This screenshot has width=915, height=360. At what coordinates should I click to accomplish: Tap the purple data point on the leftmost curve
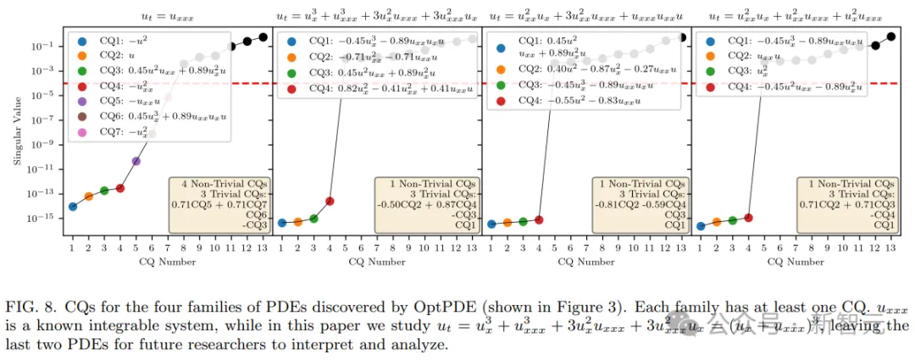136,161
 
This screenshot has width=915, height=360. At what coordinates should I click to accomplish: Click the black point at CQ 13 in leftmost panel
263,36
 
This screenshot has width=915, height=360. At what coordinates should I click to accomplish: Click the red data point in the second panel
330,201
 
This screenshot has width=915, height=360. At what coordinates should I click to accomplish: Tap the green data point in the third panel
523,221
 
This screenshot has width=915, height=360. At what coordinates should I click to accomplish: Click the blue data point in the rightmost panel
701,226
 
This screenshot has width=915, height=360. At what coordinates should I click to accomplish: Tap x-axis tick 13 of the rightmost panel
890,247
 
